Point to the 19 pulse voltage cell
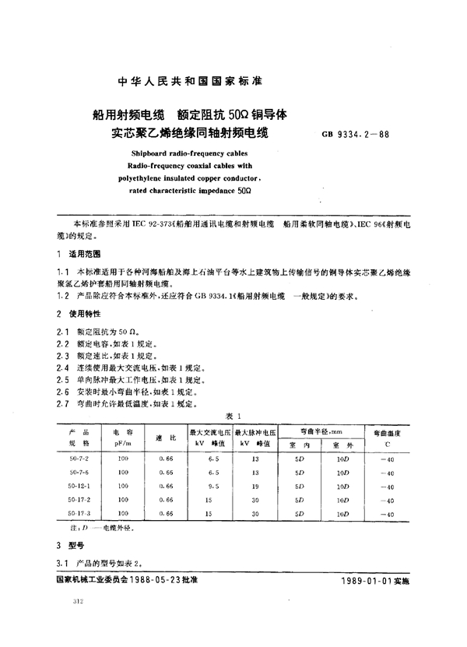256,486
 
